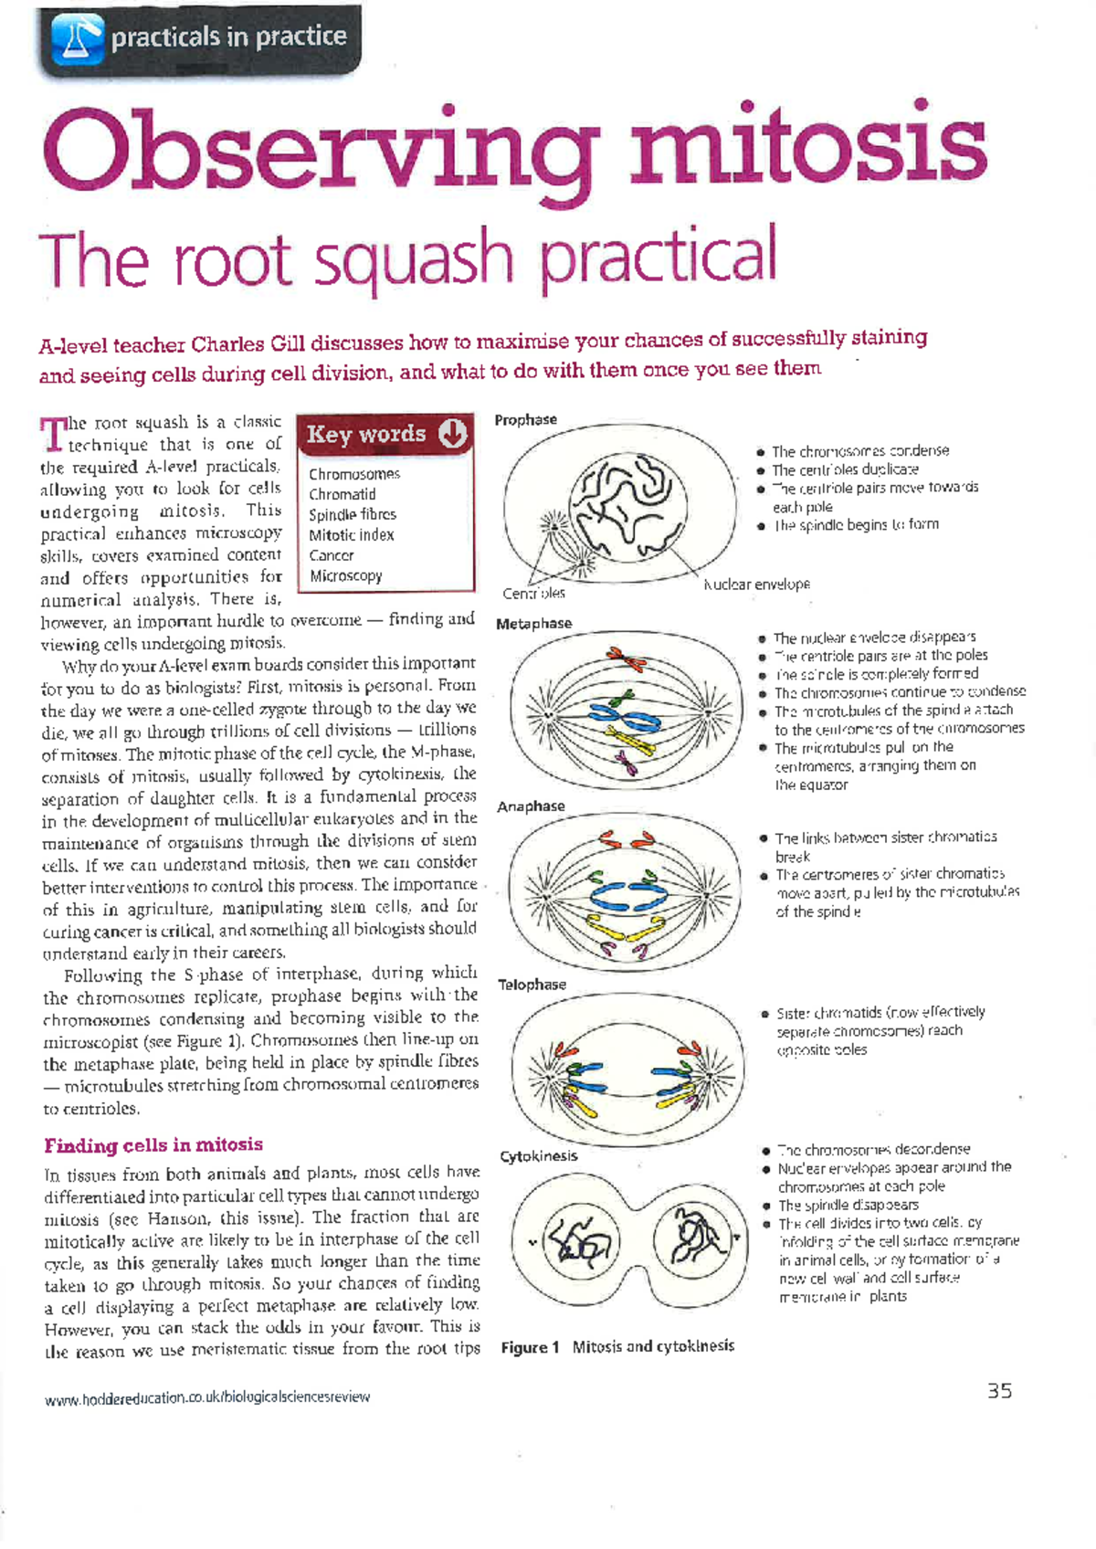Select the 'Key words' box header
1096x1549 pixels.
coord(367,434)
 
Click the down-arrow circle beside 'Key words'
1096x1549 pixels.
coord(453,434)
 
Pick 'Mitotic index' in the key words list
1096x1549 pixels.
coord(352,535)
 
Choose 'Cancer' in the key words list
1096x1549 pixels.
coord(332,555)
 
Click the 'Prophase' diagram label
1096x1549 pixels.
coord(525,420)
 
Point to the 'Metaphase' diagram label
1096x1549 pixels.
coord(533,624)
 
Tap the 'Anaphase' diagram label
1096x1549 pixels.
coord(531,806)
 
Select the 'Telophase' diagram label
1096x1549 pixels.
coord(532,985)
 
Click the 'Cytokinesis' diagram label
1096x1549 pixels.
coord(539,1156)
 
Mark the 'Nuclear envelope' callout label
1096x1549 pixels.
coord(757,585)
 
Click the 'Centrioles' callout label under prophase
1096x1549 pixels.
coord(534,594)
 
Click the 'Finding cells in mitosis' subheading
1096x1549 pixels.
coord(153,1145)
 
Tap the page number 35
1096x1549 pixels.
coord(999,1391)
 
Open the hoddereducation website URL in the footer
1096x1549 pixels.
coord(207,1397)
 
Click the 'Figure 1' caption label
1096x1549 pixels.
coord(530,1347)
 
